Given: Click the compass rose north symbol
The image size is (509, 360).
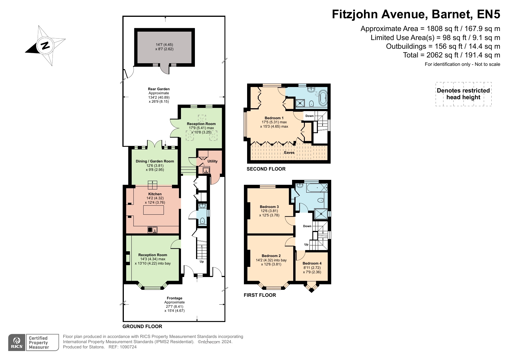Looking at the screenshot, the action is (x=45, y=46).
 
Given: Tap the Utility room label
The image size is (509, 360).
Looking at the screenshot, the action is (x=212, y=161).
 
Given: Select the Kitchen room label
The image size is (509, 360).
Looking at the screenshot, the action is (x=155, y=194).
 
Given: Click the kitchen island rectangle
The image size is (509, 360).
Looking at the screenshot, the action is (x=153, y=210).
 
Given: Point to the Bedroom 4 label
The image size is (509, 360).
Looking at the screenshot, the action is (x=312, y=263).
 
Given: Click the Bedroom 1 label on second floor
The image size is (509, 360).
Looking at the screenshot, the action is (x=274, y=118).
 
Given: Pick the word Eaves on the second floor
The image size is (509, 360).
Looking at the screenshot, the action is (x=289, y=153).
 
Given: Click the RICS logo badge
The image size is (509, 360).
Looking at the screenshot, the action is (x=17, y=342).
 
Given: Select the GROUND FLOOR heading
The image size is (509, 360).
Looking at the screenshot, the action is (x=142, y=326).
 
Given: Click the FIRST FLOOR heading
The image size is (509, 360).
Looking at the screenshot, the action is (x=260, y=295).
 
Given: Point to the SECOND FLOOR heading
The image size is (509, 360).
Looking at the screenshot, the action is (x=266, y=169).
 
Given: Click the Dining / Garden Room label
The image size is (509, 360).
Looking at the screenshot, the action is (x=155, y=161).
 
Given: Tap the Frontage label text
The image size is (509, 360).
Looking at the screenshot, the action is (x=175, y=298).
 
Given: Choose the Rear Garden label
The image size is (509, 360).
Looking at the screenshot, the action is (x=159, y=89).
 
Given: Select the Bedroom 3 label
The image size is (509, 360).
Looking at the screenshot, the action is (x=269, y=207).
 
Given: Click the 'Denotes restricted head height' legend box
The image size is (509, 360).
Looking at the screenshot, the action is (x=463, y=94).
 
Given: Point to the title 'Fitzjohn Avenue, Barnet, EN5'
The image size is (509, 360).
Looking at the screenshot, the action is (x=416, y=14).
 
